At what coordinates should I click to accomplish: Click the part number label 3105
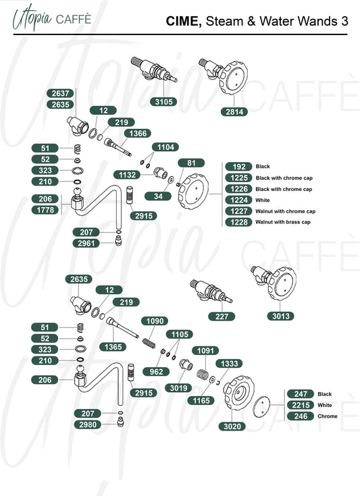[x=163, y=102]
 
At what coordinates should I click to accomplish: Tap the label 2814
[x=234, y=111]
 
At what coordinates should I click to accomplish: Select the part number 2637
[x=60, y=93]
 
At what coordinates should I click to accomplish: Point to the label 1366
[x=138, y=134]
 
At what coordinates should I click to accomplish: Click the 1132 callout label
[x=127, y=175]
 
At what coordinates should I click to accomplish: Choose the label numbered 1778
[x=45, y=210]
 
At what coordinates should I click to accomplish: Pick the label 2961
[x=86, y=243]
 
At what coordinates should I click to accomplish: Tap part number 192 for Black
[x=238, y=167]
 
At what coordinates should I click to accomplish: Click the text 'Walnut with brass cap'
[x=283, y=222]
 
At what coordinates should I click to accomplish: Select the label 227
[x=222, y=316]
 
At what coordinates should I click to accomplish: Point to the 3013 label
[x=280, y=316]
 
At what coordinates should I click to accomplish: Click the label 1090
[x=155, y=321]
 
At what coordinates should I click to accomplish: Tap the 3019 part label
[x=178, y=388]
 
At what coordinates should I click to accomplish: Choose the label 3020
[x=232, y=426]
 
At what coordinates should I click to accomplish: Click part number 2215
[x=301, y=405]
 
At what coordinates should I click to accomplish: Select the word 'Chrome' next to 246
[x=328, y=416]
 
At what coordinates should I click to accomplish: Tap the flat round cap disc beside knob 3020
[x=262, y=406]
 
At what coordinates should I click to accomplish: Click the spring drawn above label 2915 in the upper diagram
[x=130, y=196]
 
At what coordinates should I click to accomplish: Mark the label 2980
[x=88, y=424]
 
